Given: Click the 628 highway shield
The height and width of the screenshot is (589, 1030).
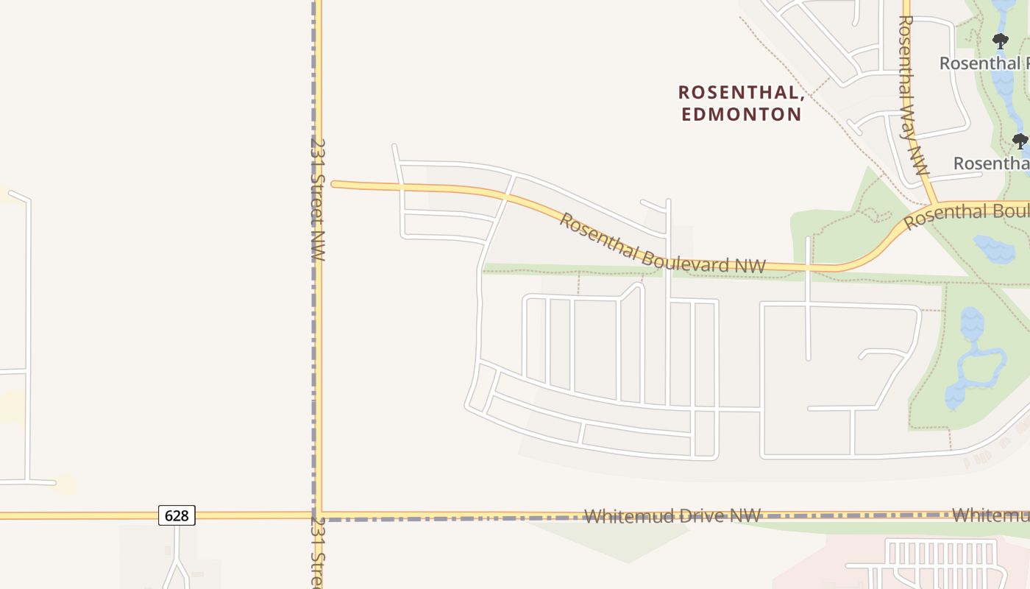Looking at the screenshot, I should (177, 515).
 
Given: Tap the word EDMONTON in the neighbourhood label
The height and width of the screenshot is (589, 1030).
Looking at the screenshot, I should (741, 114).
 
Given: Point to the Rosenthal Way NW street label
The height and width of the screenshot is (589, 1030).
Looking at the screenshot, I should (914, 96).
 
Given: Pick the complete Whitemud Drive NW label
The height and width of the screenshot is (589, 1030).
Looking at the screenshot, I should (672, 516).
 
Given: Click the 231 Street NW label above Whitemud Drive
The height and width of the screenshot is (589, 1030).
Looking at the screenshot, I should (317, 199).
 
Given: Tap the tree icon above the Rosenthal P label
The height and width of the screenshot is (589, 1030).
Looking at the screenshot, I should (1000, 41).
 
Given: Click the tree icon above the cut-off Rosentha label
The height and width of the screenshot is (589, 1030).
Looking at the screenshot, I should (1020, 141).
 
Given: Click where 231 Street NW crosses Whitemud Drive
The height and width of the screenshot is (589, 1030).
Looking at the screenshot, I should (318, 515).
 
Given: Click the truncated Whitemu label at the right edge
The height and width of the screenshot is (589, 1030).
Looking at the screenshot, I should (990, 515).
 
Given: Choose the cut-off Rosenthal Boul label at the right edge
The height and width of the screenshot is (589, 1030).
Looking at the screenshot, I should (967, 215).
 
